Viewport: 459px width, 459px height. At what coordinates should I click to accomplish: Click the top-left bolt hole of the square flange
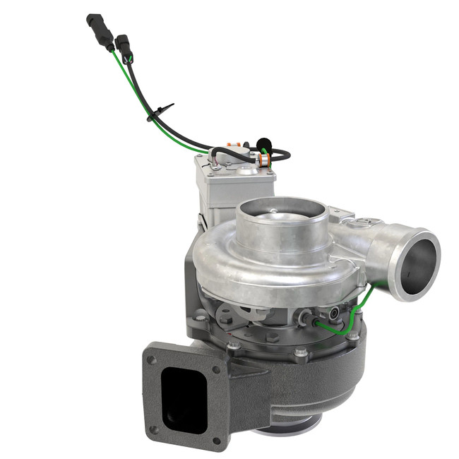[150, 360]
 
